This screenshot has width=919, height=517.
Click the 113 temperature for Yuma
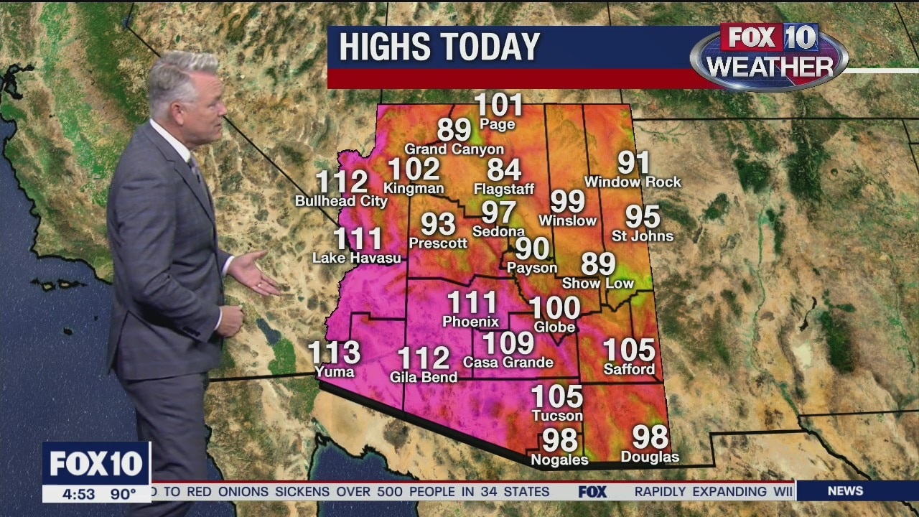(334, 353)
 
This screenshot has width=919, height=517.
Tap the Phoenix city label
(470, 321)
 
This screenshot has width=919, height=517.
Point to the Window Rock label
(633, 182)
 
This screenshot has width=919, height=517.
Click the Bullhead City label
(341, 201)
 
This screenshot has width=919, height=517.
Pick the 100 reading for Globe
(554, 308)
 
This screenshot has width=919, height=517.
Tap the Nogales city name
(559, 460)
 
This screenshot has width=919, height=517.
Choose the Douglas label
(650, 457)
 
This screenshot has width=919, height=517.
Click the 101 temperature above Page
(498, 106)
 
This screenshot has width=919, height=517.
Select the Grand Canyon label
(454, 149)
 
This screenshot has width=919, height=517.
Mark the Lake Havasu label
(357, 258)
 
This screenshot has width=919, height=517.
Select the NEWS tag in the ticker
(845, 491)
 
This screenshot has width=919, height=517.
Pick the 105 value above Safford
(629, 350)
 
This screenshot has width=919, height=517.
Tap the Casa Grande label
(508, 363)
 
